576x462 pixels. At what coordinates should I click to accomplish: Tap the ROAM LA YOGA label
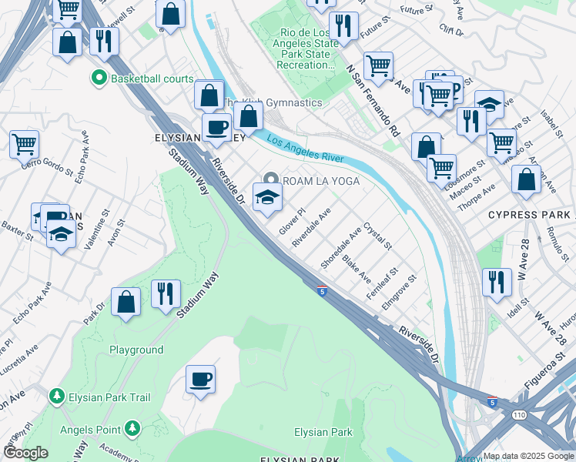click(x=322, y=180)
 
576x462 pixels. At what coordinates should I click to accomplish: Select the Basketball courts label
click(x=152, y=79)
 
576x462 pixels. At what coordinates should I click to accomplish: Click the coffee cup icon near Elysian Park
click(x=200, y=379)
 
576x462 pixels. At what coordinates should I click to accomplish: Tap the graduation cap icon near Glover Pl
click(x=267, y=197)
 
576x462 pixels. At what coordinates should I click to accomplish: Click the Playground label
click(x=136, y=350)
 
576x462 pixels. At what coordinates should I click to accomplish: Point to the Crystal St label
click(x=378, y=236)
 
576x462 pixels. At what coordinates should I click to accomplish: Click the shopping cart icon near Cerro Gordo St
click(x=24, y=143)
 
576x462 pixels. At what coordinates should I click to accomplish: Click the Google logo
click(x=25, y=453)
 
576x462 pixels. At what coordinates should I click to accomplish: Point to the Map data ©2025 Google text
click(x=529, y=456)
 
